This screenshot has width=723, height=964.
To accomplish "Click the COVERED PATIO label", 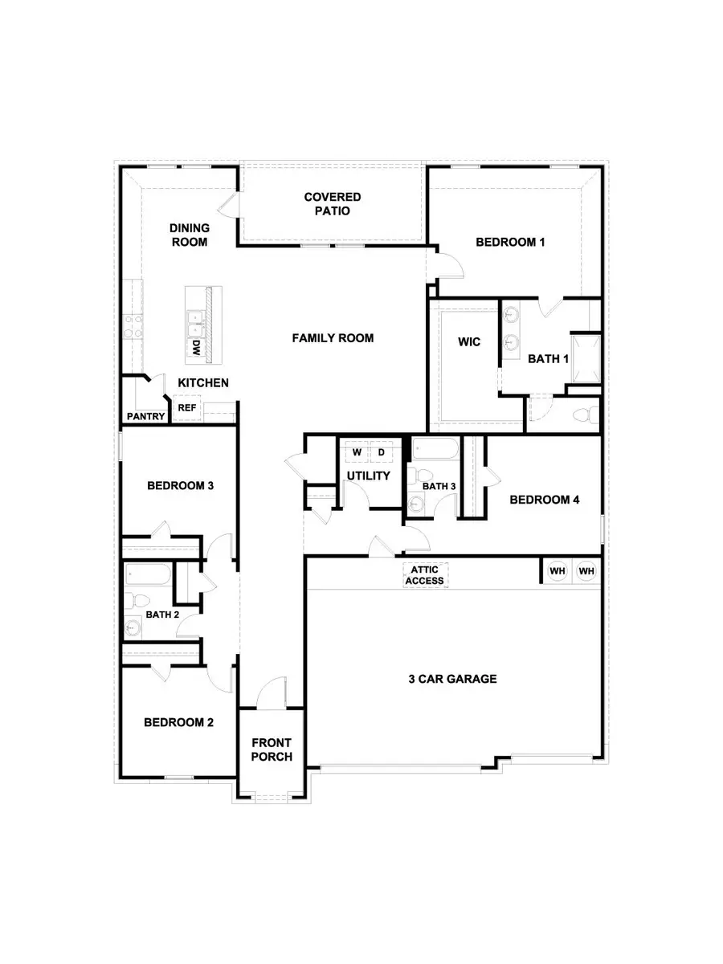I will (x=332, y=204).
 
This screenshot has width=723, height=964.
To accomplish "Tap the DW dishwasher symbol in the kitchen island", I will (x=194, y=347).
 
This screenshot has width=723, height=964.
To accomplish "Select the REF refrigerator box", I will (x=186, y=408).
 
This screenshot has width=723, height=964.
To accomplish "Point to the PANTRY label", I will (x=146, y=417).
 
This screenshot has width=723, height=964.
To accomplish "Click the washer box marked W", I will (x=357, y=453).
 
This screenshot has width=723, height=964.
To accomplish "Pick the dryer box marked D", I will (x=382, y=453).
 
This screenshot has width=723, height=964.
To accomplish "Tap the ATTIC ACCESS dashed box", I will (x=425, y=575).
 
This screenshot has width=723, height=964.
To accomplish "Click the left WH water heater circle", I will (x=557, y=571).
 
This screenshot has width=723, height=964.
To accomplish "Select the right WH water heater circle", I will (x=587, y=571).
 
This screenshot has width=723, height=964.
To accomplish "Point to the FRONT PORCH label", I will (x=272, y=750).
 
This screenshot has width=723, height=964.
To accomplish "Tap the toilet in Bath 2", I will (x=136, y=600).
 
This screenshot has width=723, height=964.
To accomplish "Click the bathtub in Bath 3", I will (x=435, y=450).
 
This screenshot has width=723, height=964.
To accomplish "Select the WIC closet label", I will (x=469, y=342).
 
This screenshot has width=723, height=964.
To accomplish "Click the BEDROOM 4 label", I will (x=545, y=500).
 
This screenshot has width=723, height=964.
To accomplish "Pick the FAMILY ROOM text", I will (x=333, y=338).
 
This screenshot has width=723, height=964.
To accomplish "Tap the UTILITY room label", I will (x=368, y=476).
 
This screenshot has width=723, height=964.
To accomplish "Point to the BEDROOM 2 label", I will (x=178, y=722).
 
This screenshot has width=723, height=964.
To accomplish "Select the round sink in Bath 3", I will (x=416, y=504).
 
